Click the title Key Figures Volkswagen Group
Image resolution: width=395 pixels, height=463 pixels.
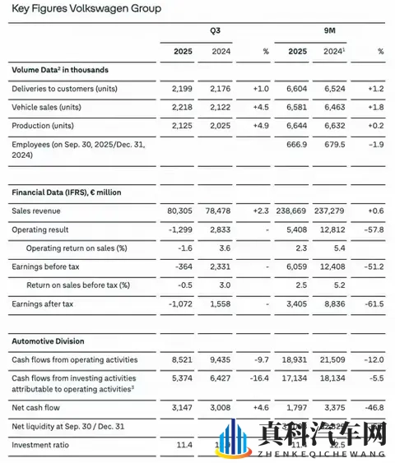coord(86,9)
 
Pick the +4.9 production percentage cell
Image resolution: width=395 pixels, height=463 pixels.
coord(260,125)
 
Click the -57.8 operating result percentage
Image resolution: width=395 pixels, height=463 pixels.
coord(374,229)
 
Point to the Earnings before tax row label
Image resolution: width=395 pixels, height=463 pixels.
coord(47,266)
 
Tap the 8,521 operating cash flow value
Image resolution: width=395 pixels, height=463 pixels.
coord(182,359)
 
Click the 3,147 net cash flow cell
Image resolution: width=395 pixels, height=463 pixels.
coord(182,407)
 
